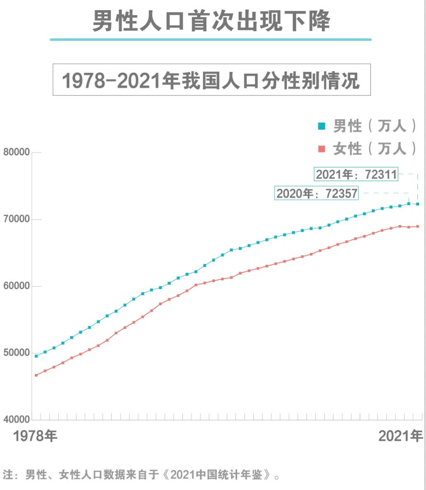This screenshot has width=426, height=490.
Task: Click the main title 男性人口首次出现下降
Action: click(211, 20)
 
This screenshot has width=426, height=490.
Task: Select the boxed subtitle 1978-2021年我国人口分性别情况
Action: click(211, 80)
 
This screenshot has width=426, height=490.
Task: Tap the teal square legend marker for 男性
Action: click(321, 127)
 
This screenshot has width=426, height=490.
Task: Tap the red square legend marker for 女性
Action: click(321, 149)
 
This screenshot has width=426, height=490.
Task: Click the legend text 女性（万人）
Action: click(374, 149)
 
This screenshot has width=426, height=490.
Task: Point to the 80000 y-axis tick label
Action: click(16, 152)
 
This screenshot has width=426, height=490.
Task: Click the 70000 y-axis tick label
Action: click(16, 219)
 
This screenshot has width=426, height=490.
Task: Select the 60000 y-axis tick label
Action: click(16, 286)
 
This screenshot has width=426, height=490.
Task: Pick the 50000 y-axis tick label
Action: click(16, 353)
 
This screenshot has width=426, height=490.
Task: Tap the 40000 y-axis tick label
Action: click(16, 420)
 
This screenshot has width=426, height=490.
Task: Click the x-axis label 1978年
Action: click(35, 437)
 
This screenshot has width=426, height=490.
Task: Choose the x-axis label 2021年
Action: click(400, 437)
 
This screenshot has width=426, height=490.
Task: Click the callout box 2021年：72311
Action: click(356, 174)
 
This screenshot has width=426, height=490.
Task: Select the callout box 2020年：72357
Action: click(317, 193)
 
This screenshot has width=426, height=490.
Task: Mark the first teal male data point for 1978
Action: click(36, 356)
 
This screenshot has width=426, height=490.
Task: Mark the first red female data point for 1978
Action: click(36, 375)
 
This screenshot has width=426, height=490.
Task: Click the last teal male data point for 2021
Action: click(418, 204)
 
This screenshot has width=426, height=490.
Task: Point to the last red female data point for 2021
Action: click(418, 226)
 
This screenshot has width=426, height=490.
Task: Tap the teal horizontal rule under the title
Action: click(211, 40)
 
